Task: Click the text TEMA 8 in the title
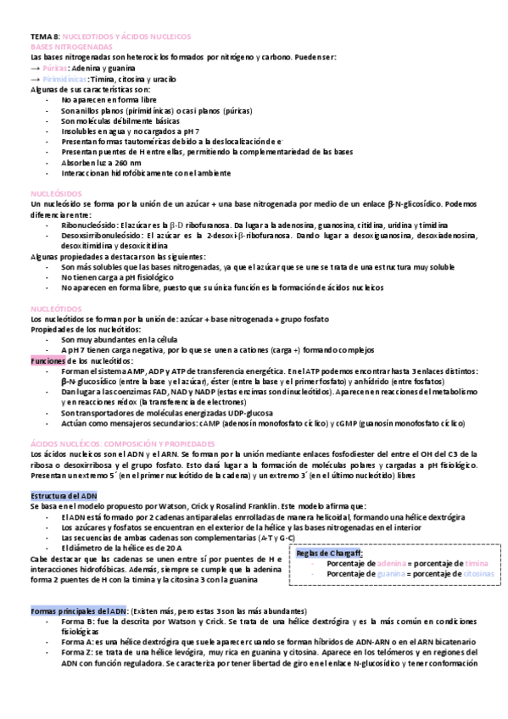(x=44, y=39)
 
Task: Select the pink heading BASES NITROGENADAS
(x=69, y=47)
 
